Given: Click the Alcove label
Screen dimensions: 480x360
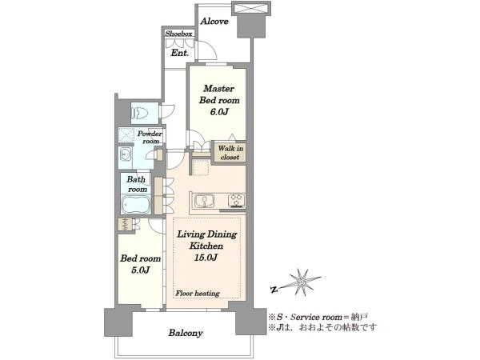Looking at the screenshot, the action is (x=214, y=22).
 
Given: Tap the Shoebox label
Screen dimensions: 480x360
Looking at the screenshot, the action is (x=178, y=34).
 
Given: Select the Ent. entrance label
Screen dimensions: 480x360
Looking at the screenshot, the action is (x=180, y=53).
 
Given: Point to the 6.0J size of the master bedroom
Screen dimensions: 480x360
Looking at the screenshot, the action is (x=219, y=112).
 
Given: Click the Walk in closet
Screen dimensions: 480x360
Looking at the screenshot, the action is (x=230, y=153).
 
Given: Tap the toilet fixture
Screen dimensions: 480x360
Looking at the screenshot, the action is (x=139, y=114).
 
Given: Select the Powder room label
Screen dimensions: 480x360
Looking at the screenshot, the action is (x=150, y=137).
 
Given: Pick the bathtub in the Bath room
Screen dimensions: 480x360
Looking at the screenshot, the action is (x=136, y=205).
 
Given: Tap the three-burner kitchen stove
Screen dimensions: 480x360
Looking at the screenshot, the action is (x=236, y=201).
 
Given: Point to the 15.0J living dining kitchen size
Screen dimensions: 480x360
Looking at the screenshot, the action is (x=206, y=258).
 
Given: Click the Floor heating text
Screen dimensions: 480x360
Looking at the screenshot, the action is (x=198, y=294).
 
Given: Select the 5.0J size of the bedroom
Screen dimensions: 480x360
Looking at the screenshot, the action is (x=140, y=270).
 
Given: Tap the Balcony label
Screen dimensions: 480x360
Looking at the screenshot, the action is (x=186, y=333).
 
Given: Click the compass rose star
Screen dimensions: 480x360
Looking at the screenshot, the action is (x=302, y=282).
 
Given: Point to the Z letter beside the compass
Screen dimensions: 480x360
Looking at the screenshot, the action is (x=274, y=289).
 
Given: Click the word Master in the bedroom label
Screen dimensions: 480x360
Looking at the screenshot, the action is (x=218, y=89).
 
